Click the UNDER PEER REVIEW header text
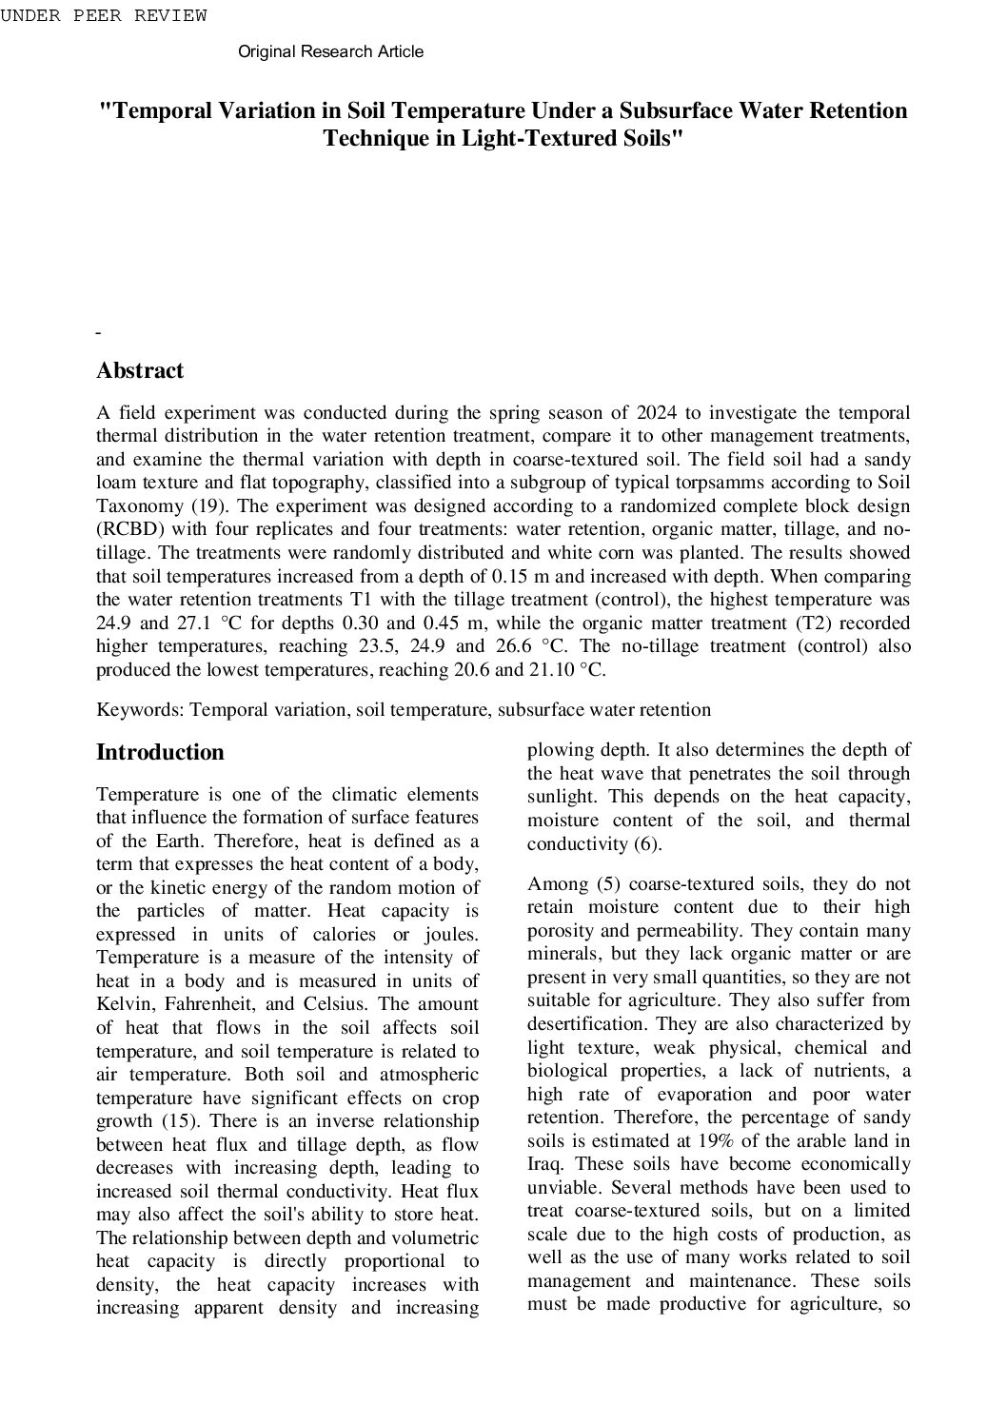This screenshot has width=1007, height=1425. [x=103, y=15]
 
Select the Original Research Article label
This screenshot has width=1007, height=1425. [x=330, y=51]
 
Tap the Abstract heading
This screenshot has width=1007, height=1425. [x=140, y=371]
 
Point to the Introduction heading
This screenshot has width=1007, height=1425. [x=160, y=753]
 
